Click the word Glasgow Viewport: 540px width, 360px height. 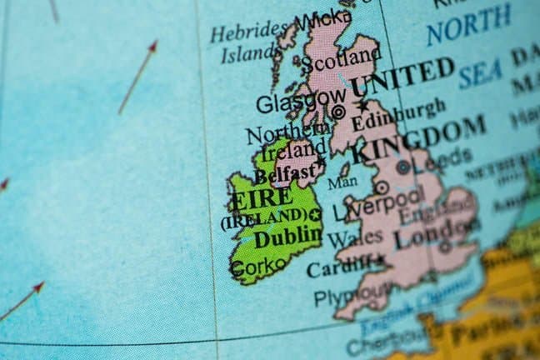(289, 104)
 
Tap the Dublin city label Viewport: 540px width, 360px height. (287, 237)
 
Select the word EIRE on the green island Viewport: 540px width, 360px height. (262, 200)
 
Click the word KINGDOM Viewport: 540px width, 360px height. (418, 140)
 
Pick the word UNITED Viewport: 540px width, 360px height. (402, 77)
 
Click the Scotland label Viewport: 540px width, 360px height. (339, 59)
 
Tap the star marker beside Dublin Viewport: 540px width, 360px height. (315, 215)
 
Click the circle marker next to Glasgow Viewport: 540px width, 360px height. (338, 111)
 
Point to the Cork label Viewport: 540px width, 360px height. (248, 268)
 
